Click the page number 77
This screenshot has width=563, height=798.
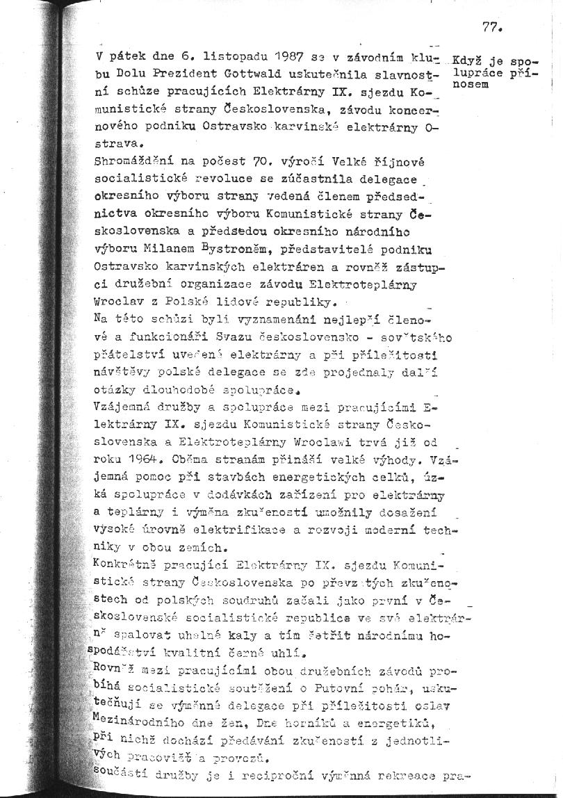(x=491, y=28)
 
